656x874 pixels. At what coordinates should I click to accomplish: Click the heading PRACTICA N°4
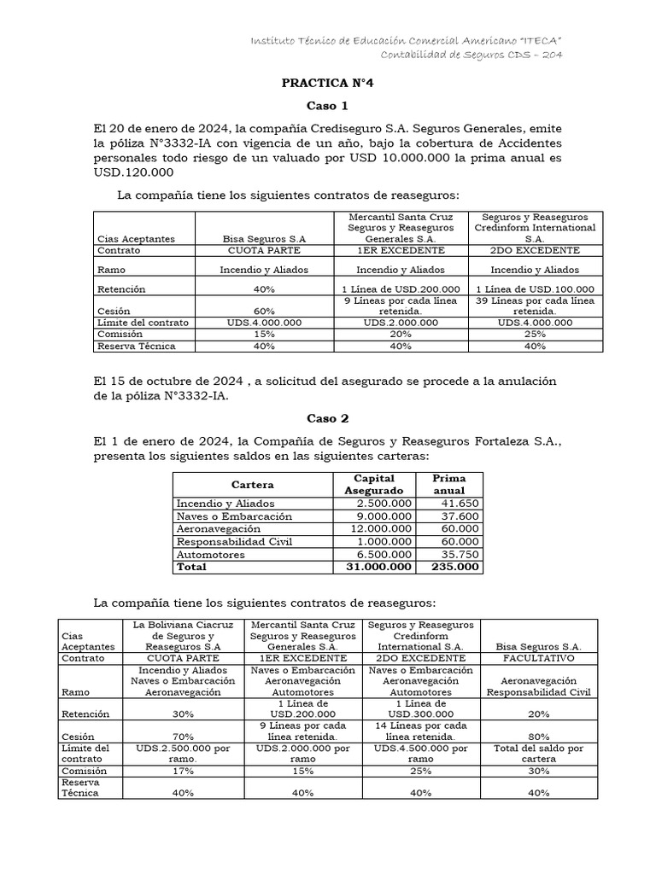(x=328, y=84)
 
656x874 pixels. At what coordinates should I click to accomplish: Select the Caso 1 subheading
(x=328, y=107)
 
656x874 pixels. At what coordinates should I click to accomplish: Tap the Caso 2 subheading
(x=328, y=418)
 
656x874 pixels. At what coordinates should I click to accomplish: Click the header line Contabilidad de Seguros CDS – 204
(x=483, y=55)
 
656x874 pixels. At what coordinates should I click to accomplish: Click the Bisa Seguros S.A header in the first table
(x=264, y=239)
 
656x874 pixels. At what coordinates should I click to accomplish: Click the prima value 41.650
(x=461, y=504)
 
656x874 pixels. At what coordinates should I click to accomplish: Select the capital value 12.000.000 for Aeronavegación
(x=381, y=529)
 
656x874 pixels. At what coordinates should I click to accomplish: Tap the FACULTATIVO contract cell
(x=538, y=658)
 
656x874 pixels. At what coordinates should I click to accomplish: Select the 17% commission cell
(x=182, y=771)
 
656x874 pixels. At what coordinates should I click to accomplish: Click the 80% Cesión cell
(x=538, y=736)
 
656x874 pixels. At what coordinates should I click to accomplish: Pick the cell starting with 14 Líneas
(x=421, y=731)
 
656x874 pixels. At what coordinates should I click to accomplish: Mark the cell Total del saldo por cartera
(x=538, y=754)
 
